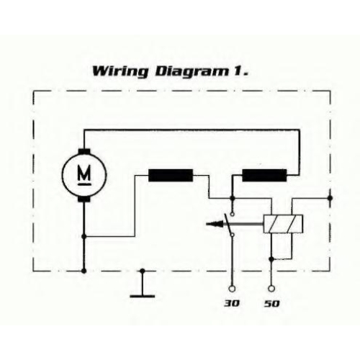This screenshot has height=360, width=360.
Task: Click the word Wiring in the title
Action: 120,72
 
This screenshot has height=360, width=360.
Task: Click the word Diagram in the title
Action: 192,72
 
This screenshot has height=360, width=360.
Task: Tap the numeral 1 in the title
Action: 236,71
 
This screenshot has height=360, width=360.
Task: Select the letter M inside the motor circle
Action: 84,174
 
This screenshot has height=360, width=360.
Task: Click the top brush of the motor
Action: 84,152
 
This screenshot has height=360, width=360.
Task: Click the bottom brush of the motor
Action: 84,199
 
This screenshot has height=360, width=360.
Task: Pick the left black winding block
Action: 171,176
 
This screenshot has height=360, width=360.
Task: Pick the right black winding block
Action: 264,176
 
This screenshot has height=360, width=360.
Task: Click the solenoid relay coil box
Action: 283,224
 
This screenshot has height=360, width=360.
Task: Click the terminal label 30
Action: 232,304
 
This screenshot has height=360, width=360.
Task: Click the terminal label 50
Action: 272,304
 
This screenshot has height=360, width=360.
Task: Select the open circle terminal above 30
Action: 232,289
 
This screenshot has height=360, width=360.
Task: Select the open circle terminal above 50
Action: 271,289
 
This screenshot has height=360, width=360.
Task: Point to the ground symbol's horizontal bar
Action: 143,296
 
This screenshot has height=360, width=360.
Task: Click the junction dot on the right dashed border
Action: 330,198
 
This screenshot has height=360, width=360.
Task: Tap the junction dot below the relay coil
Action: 271,259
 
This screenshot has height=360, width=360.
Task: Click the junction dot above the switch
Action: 232,198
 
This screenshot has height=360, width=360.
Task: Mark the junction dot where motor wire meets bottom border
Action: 84,271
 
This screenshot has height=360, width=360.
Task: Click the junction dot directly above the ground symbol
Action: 143,271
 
